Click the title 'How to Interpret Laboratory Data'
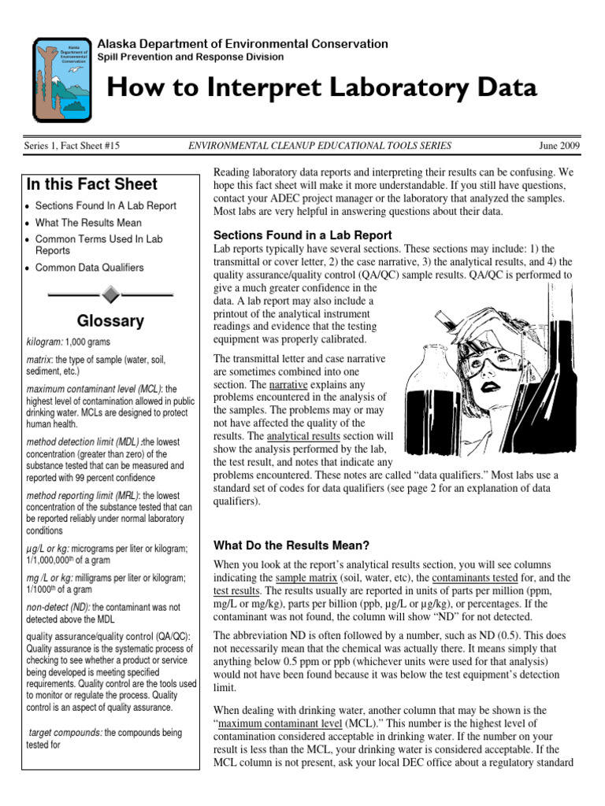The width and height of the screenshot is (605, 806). tap(321, 88)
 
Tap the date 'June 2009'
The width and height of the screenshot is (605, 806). tap(559, 146)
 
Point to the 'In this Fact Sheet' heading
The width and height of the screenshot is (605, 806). tap(91, 185)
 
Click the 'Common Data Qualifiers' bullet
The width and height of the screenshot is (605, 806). tap(89, 268)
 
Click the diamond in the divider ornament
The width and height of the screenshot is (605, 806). tap(110, 294)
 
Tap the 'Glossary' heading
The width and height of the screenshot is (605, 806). tap(110, 321)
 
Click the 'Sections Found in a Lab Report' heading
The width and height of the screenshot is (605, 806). tap(302, 235)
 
